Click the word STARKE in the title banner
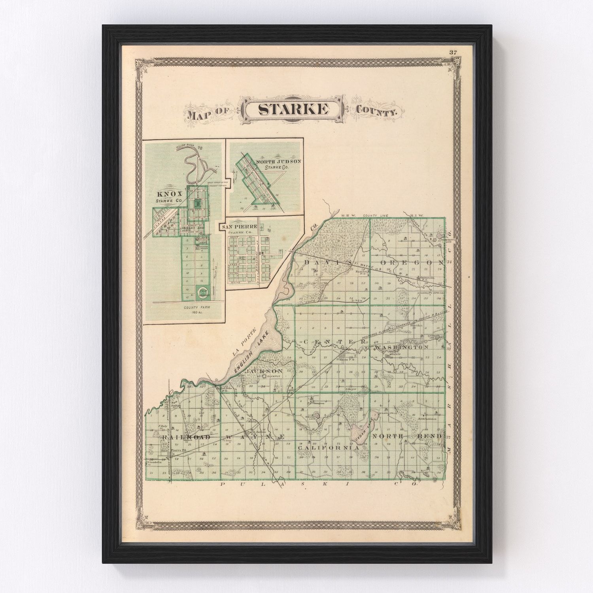click(x=293, y=110)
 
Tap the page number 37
click(x=453, y=52)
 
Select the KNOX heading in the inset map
click(x=170, y=194)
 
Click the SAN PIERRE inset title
click(x=240, y=227)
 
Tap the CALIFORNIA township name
click(x=329, y=448)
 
